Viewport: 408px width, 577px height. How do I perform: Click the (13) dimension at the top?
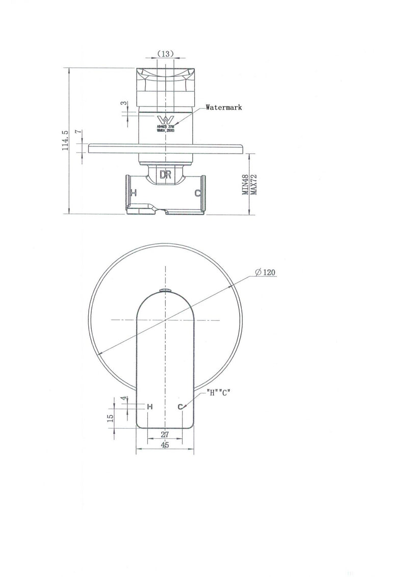tap(165, 53)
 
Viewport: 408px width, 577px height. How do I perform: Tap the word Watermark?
tap(224, 108)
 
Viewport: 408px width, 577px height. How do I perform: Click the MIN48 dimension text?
tap(245, 184)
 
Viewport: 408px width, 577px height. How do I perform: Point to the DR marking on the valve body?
tap(165, 174)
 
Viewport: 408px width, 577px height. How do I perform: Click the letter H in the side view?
tap(134, 193)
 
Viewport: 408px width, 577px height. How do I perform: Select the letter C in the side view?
tap(197, 193)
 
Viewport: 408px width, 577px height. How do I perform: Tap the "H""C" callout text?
tap(220, 393)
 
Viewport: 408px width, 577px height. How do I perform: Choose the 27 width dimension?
tap(165, 435)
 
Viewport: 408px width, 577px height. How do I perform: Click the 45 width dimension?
tap(165, 445)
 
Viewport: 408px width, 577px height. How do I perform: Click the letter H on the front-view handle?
tap(149, 407)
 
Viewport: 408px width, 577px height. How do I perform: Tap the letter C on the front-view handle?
tap(181, 407)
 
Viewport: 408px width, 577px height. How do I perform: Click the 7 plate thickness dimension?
tap(77, 132)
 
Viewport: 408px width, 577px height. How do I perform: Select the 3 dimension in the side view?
tap(123, 103)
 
